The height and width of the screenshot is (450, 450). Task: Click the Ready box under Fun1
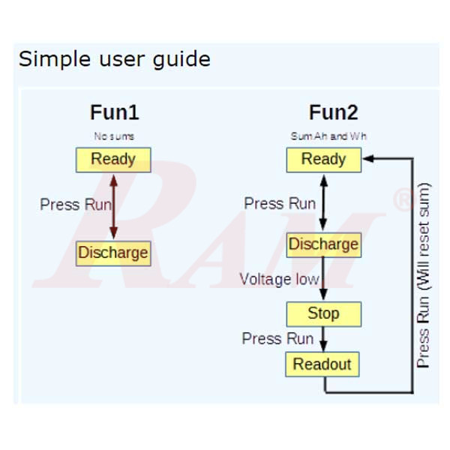click(113, 159)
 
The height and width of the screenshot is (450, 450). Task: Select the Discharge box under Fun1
click(113, 253)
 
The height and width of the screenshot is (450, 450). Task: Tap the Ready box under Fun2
click(323, 159)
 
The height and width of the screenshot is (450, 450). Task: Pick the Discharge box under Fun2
click(323, 244)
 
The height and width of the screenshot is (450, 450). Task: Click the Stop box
click(323, 313)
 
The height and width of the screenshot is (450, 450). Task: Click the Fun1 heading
click(114, 113)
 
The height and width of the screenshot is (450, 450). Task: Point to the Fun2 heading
click(333, 113)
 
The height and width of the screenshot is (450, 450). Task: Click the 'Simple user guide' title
click(114, 58)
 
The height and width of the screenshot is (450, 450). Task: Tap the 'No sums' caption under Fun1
click(114, 136)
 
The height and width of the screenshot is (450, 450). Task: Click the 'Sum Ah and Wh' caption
click(328, 136)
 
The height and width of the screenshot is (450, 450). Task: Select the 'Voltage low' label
click(279, 280)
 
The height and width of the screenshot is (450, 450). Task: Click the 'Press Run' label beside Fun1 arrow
click(76, 204)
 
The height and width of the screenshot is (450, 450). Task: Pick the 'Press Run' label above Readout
click(277, 339)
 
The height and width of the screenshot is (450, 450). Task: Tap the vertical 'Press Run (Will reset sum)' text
click(424, 274)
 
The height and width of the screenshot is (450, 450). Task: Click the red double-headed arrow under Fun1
click(113, 206)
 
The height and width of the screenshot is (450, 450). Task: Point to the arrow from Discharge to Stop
click(323, 279)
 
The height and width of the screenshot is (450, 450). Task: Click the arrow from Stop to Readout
click(323, 339)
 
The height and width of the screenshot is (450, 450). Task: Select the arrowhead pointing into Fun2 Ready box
click(368, 159)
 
